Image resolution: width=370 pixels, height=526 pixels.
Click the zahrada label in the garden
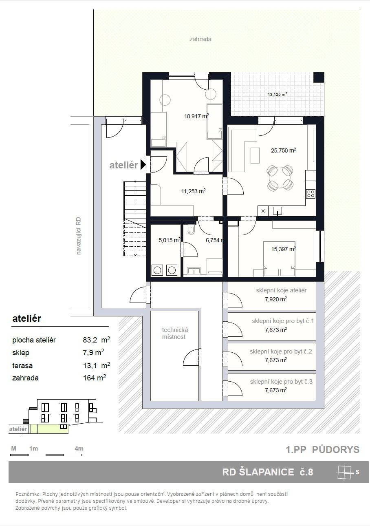[200, 39]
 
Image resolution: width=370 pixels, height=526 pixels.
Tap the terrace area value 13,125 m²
[277, 95]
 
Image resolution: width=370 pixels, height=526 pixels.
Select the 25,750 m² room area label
[284, 150]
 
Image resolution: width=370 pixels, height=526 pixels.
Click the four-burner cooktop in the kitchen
[311, 194]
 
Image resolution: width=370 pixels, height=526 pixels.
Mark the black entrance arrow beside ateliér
[143, 165]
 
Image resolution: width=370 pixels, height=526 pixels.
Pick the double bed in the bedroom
[279, 258]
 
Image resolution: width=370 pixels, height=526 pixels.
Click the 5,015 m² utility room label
[170, 240]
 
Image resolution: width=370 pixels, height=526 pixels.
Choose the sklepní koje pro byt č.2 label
[281, 351]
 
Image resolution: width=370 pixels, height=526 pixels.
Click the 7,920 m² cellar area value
[276, 299]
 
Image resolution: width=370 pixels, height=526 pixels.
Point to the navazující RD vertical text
[78, 236]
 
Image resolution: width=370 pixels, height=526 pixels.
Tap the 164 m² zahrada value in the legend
[95, 378]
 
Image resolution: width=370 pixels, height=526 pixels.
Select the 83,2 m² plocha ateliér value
[96, 340]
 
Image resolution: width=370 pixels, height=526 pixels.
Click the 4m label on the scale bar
[79, 449]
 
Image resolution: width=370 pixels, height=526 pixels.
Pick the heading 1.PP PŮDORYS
[323, 449]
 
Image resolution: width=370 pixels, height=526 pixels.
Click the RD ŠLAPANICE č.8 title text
[268, 472]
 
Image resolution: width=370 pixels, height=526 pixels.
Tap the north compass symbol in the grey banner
[345, 472]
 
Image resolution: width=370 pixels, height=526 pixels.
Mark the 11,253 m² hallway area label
[193, 191]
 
